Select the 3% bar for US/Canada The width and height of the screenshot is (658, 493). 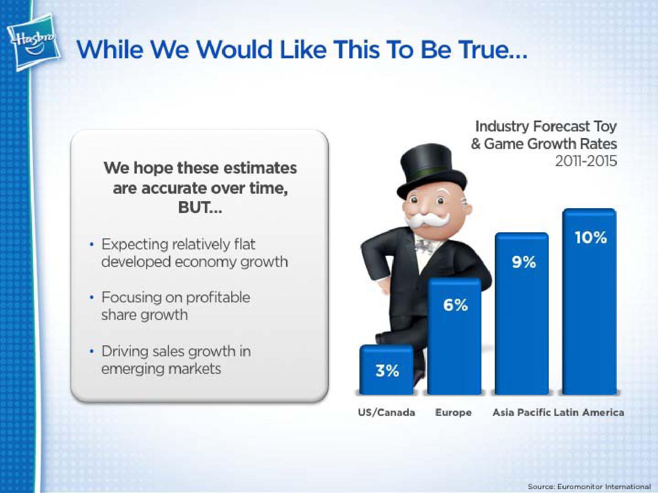[386, 370]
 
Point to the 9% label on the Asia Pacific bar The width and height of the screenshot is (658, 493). [523, 262]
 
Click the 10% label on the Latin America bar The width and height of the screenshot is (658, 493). [590, 238]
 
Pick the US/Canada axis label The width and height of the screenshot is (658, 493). [386, 412]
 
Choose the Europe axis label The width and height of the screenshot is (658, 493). [453, 413]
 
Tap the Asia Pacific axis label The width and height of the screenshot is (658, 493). [522, 412]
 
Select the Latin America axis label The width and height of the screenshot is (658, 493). [589, 412]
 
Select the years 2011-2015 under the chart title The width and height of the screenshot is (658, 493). [586, 162]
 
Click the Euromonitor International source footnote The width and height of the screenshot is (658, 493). [589, 486]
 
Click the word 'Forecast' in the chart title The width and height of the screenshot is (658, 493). [562, 127]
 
